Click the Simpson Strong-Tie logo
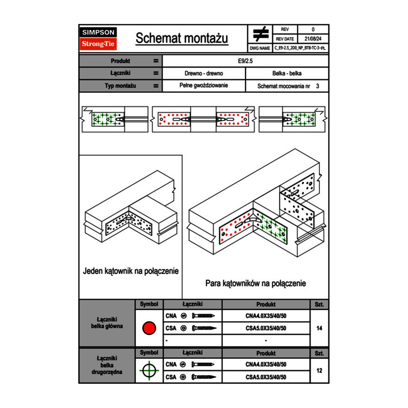[x=98, y=38]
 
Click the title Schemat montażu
[x=182, y=38]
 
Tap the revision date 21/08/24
[x=313, y=39]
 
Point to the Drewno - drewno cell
[x=204, y=73]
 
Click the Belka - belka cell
[x=287, y=73]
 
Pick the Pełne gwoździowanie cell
[x=204, y=86]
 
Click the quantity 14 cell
[x=319, y=328]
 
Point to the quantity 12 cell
[x=319, y=370]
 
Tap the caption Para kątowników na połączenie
[x=255, y=283]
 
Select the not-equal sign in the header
[x=261, y=34]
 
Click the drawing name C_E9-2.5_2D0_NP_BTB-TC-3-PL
[x=300, y=48]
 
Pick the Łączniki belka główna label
[x=107, y=323]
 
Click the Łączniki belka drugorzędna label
[x=107, y=365]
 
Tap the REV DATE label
[x=286, y=39]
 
